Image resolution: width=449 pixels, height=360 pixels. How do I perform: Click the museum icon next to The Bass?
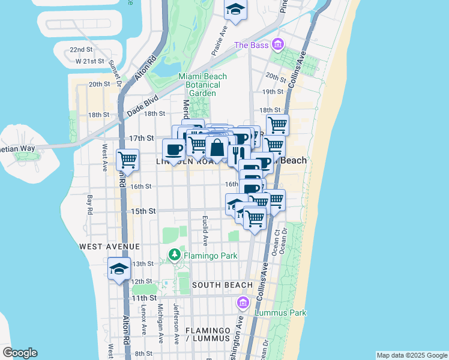click(x=277, y=44)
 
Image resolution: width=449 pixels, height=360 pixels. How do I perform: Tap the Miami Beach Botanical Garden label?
click(x=202, y=85)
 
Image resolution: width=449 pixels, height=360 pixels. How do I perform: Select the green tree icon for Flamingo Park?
click(x=175, y=254)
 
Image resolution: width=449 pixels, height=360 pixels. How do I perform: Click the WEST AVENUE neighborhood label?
click(x=109, y=247)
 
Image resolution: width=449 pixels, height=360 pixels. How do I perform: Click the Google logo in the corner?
click(x=20, y=353)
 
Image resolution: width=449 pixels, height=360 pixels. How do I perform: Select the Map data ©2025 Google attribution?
click(x=412, y=355)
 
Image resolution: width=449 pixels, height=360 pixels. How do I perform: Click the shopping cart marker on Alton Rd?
click(x=127, y=160)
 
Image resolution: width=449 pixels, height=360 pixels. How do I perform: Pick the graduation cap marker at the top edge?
click(x=235, y=10)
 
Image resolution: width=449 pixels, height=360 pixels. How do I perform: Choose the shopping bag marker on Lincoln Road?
click(x=217, y=147)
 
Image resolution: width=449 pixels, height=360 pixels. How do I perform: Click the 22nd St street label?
click(x=80, y=50)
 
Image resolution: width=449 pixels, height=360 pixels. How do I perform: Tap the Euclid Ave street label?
click(x=205, y=231)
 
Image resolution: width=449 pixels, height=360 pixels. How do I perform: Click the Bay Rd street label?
click(x=89, y=204)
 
